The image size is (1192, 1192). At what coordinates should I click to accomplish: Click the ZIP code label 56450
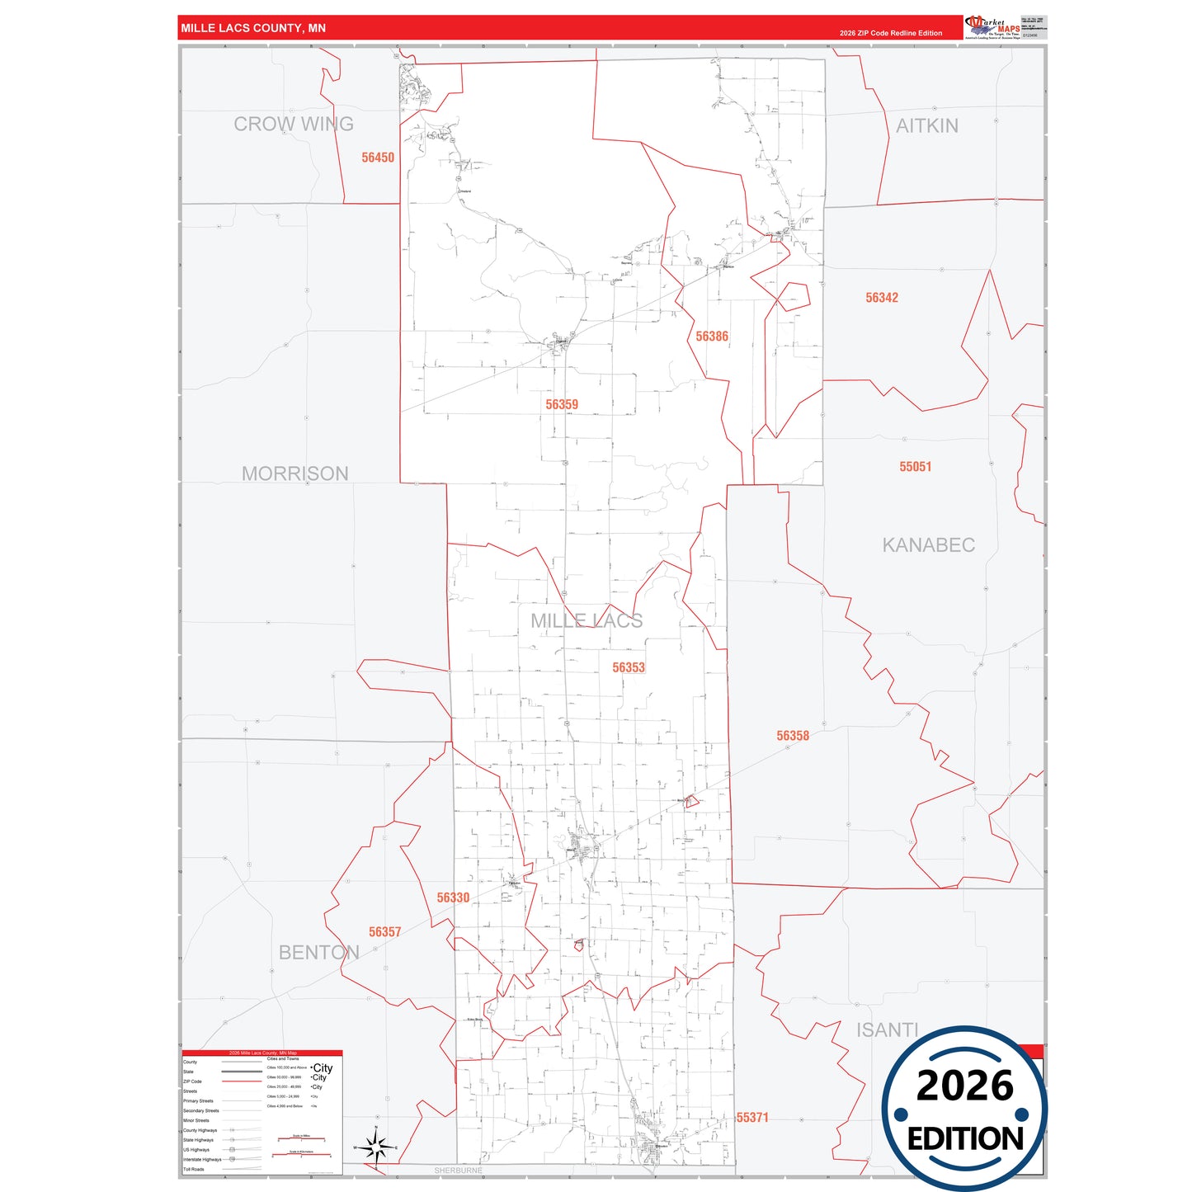tap(378, 158)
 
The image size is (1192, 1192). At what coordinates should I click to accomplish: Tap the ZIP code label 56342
tap(882, 298)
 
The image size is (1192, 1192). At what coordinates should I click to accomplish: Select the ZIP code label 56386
tap(712, 337)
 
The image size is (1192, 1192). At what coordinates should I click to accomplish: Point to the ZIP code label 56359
tap(562, 405)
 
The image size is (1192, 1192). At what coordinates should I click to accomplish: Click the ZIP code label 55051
tap(916, 467)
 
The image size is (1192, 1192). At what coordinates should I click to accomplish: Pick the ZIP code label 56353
tap(629, 667)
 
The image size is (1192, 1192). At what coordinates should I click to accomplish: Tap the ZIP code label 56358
tap(793, 736)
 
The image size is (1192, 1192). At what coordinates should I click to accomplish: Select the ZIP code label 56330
tap(453, 898)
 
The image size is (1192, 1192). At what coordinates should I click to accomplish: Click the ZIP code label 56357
tap(384, 932)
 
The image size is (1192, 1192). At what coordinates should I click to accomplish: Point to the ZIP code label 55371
tap(752, 1118)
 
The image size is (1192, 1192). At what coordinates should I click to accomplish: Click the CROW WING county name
tap(294, 125)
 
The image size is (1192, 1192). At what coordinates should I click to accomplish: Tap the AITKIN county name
tap(927, 126)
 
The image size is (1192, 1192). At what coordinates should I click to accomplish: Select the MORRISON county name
tap(295, 474)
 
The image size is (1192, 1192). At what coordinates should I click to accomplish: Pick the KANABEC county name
tap(929, 545)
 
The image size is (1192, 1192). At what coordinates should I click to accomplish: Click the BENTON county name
tap(319, 953)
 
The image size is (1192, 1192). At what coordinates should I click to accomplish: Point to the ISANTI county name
tap(888, 1030)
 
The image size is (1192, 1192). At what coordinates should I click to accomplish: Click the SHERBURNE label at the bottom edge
tap(459, 1171)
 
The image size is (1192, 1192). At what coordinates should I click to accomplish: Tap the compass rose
tap(376, 1147)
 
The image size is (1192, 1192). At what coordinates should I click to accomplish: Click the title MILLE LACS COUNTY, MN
tap(253, 28)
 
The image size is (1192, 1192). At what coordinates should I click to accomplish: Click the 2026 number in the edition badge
tap(964, 1086)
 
